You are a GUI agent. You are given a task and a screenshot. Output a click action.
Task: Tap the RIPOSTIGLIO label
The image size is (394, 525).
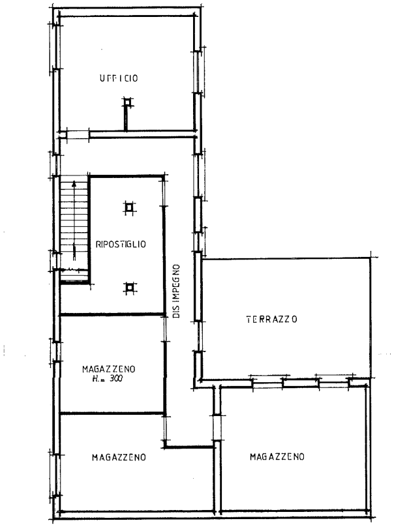click(121, 244)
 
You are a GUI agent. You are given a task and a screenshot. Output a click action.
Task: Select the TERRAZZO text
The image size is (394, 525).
click(272, 319)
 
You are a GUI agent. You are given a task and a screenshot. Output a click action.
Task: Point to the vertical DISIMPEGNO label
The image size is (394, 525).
click(176, 291)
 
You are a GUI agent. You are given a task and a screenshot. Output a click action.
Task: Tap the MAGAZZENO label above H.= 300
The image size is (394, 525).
click(109, 369)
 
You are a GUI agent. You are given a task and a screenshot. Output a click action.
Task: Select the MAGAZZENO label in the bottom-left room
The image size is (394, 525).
click(119, 457)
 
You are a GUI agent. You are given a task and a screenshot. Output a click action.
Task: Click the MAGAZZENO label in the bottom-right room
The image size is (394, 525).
click(277, 457)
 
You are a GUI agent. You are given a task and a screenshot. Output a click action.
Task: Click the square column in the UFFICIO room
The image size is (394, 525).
click(127, 102)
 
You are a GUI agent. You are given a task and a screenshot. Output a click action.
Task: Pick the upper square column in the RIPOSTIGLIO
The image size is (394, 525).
click(129, 208)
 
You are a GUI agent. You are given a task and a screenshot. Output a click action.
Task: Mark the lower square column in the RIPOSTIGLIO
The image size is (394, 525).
click(130, 287)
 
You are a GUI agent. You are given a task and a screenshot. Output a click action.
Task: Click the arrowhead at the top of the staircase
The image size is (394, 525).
click(74, 183)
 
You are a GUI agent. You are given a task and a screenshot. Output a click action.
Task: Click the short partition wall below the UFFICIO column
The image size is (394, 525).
click(126, 118)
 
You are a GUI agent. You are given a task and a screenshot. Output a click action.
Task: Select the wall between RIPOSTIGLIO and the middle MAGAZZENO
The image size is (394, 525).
click(113, 314)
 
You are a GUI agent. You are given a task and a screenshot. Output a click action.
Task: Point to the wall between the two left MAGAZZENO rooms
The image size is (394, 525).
click(113, 413)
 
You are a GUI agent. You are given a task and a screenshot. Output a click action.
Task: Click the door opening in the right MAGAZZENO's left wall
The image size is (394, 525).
click(217, 428)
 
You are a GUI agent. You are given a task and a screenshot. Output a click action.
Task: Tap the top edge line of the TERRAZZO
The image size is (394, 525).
click(286, 258)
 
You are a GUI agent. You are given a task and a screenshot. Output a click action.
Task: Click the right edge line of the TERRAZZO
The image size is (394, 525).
click(371, 318)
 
